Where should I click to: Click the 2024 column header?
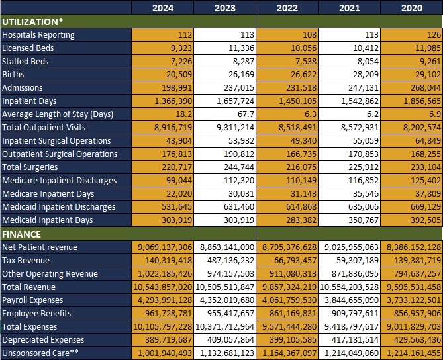163,8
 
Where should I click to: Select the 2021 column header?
349,8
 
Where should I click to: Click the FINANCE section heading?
22,234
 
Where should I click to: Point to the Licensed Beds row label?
28,48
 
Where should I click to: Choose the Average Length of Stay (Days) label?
58,114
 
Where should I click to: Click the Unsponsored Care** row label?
40,353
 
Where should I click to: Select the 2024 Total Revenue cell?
163,287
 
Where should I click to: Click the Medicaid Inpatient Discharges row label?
59,207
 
